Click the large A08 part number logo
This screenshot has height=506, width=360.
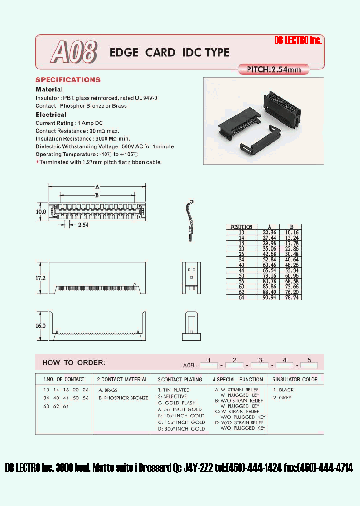(73, 52)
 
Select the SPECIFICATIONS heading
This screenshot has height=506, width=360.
(68, 80)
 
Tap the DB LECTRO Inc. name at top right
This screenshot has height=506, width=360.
(298, 41)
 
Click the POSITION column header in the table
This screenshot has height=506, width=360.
(242, 227)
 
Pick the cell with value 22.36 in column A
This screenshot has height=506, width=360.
(270, 232)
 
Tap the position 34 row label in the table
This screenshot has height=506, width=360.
(242, 259)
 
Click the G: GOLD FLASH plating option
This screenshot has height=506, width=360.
(177, 403)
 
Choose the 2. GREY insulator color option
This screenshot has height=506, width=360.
(282, 398)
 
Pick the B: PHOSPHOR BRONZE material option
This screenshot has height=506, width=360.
(123, 398)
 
